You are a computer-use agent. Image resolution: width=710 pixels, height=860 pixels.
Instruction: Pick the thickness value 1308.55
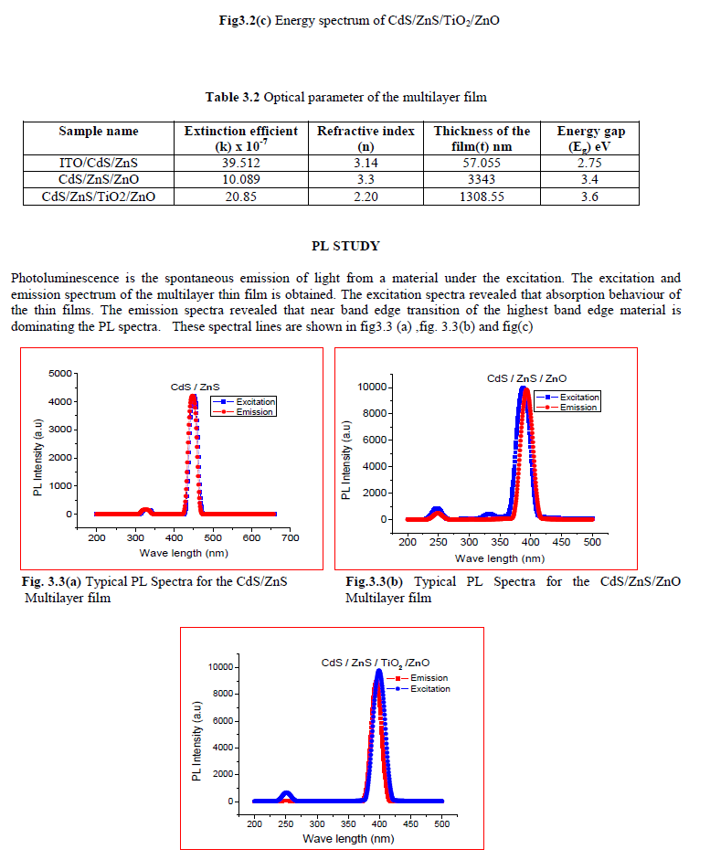pos(482,196)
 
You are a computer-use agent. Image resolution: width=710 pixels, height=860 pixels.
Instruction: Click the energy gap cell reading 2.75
pos(590,164)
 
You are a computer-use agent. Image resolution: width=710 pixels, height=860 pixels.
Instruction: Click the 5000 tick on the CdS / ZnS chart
pos(58,373)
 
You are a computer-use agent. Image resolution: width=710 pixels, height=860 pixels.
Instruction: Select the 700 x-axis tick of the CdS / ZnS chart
pos(290,539)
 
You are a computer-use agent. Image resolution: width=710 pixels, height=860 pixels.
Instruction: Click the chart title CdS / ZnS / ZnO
pos(526,377)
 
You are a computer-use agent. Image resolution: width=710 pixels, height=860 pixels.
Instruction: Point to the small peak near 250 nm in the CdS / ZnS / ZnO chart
pos(438,510)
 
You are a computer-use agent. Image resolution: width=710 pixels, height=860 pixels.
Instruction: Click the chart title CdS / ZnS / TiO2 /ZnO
pos(375,662)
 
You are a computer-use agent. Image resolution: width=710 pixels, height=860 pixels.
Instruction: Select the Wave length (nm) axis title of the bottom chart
pos(349,838)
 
